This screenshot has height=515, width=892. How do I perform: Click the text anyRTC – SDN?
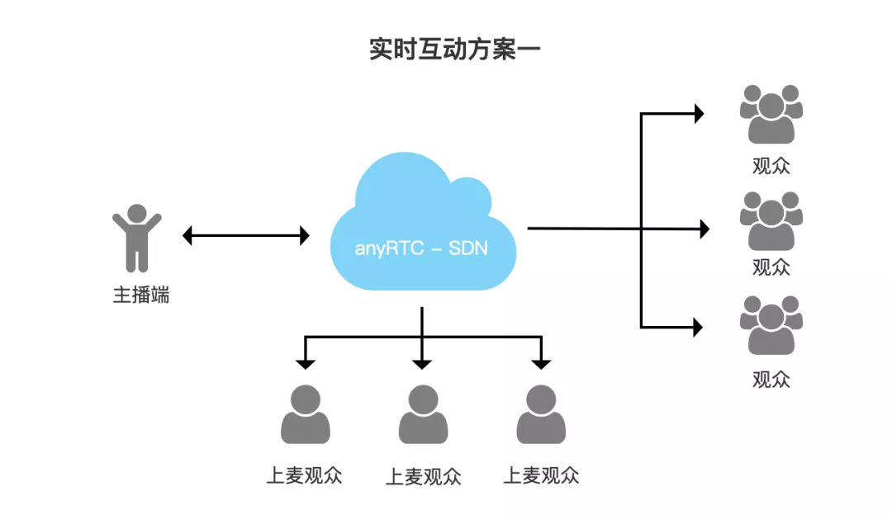(421, 248)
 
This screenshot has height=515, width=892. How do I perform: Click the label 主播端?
(141, 295)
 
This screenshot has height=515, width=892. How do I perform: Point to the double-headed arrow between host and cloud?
(245, 236)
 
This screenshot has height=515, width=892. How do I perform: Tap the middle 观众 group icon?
(771, 220)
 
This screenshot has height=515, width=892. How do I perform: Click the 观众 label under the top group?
(771, 165)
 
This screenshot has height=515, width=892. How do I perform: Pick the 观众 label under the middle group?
(771, 267)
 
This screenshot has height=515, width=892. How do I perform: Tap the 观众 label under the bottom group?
(771, 379)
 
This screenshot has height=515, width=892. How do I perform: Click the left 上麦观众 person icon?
(305, 415)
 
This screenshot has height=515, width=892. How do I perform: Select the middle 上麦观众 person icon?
(423, 415)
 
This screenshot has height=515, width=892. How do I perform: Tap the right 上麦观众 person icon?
(540, 415)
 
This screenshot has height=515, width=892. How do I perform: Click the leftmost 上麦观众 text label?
(304, 475)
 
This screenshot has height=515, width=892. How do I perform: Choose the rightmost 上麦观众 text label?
(541, 475)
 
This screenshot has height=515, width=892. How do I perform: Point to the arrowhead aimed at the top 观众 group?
(699, 114)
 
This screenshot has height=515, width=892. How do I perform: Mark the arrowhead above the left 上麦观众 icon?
(306, 363)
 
